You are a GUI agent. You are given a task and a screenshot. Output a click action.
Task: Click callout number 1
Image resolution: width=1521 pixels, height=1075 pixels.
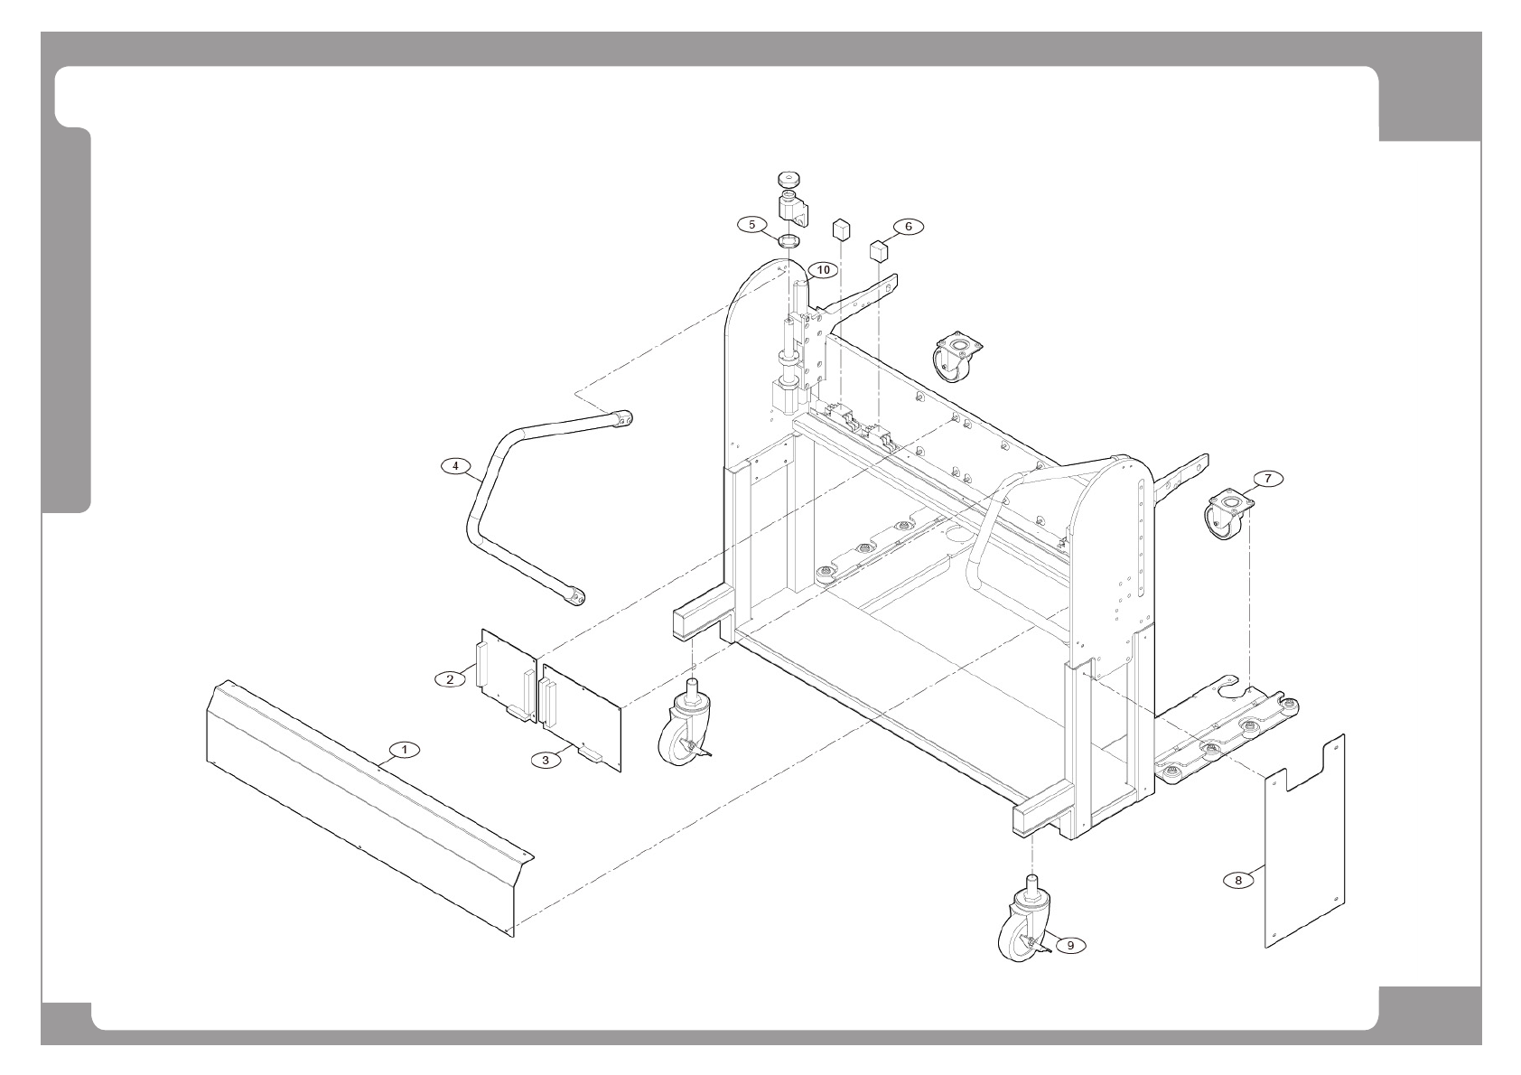coord(405,749)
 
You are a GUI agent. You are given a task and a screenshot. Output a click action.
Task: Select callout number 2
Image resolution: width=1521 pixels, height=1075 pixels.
coord(450,678)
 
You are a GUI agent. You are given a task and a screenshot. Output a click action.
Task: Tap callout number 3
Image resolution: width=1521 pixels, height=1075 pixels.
coord(545,760)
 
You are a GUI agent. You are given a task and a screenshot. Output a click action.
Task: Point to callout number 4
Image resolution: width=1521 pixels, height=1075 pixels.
coord(456,466)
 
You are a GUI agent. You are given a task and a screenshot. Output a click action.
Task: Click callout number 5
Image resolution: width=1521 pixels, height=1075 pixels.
coord(751,223)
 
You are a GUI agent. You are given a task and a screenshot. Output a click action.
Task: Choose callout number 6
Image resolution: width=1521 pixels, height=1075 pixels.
coord(909,226)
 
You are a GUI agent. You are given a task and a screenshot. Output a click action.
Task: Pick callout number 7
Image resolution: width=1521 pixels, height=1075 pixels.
coord(1267,479)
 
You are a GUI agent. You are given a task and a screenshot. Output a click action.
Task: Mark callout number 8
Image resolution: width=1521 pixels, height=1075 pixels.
coord(1238,878)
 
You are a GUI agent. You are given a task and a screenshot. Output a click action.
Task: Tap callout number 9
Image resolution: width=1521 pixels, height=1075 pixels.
coord(1070,945)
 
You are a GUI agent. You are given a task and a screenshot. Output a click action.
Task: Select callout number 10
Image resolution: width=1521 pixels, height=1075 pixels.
coord(823,269)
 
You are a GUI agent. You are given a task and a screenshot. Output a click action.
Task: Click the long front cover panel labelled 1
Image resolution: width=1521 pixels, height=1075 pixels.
coord(361,804)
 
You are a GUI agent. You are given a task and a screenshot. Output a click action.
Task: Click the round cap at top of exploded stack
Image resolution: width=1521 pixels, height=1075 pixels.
coord(790,178)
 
